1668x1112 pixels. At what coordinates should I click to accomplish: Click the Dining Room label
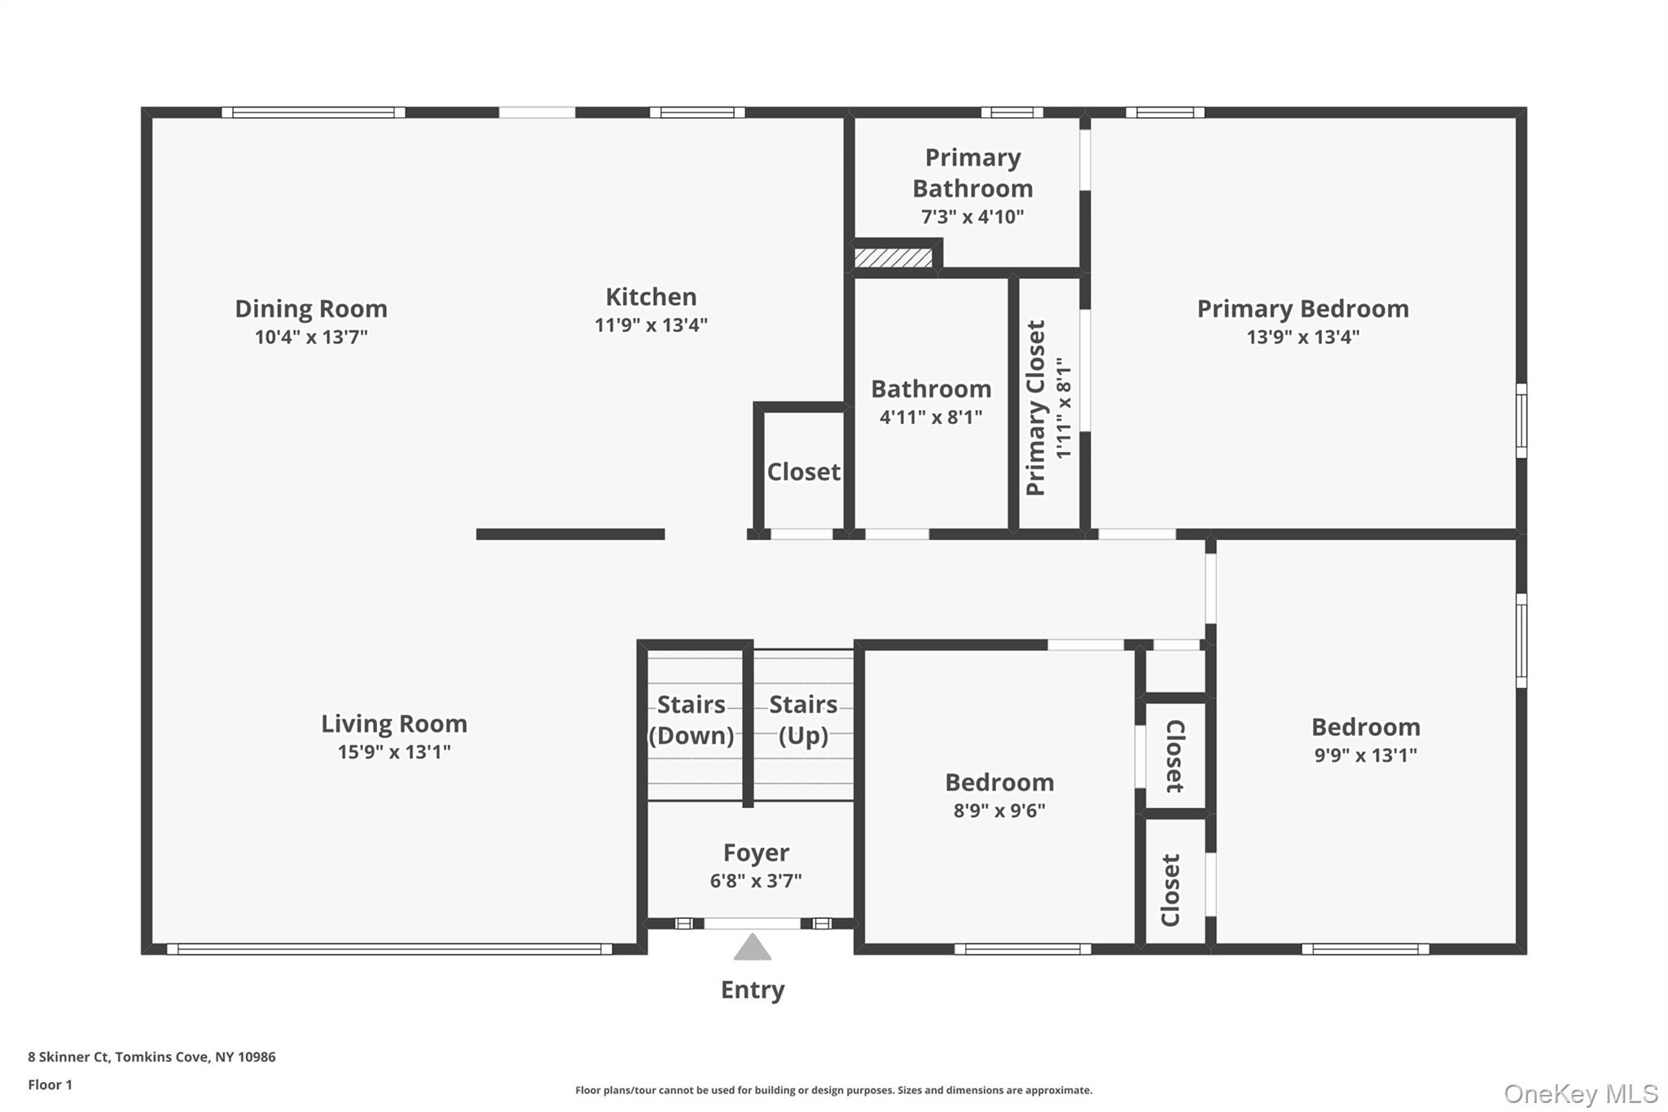[x=311, y=309]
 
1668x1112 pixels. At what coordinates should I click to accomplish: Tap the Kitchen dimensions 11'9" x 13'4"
[x=651, y=325]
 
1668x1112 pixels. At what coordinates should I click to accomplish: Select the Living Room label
[x=393, y=723]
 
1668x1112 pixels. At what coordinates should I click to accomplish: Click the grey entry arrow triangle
[x=752, y=948]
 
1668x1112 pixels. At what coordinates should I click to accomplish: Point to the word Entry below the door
[x=753, y=990]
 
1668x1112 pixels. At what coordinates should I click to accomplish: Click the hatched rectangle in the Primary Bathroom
[x=893, y=258]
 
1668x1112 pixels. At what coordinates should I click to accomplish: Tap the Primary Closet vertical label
[x=1036, y=407]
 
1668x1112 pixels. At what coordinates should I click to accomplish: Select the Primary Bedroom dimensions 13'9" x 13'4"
[x=1302, y=337]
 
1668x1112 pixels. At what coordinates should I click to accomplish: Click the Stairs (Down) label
[x=691, y=719]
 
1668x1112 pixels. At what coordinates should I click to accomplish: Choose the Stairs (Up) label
[x=803, y=719]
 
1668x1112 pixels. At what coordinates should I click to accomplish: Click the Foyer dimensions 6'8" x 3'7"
[x=756, y=881]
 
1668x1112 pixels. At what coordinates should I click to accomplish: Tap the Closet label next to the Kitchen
[x=803, y=472]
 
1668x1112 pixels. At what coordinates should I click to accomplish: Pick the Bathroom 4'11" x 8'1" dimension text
[x=931, y=417]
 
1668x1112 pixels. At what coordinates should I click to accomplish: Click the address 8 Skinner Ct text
[x=151, y=1057]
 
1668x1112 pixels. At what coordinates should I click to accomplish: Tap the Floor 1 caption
[x=50, y=1084]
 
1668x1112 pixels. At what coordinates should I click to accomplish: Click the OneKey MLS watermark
[x=1580, y=1093]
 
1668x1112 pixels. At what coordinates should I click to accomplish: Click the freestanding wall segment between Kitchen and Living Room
[x=570, y=534]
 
